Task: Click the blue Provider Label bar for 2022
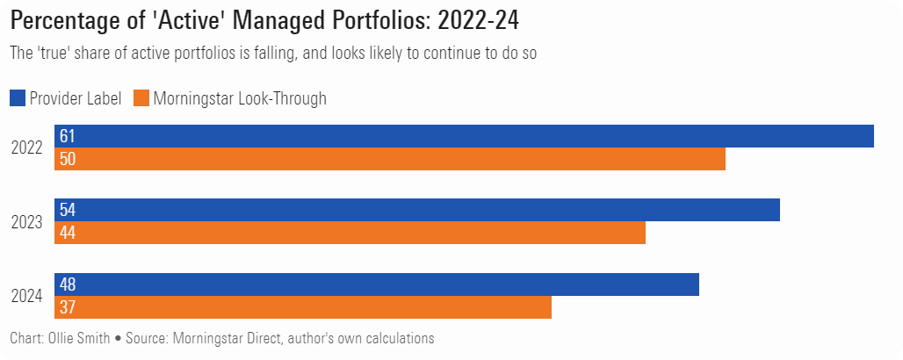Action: [464, 136]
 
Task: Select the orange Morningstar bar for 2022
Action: [390, 159]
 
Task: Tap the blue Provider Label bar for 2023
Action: [417, 210]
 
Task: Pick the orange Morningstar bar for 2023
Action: [350, 233]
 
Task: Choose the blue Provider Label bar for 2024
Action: [377, 284]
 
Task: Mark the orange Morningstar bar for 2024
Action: [303, 307]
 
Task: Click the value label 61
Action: [67, 136]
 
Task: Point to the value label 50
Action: [68, 159]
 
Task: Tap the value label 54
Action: [68, 210]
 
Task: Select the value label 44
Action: [68, 233]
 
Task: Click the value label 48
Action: [68, 284]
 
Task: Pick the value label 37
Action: [68, 307]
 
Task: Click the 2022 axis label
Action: [26, 148]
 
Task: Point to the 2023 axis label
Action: [26, 222]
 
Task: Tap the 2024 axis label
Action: [26, 296]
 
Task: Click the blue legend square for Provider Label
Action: [18, 98]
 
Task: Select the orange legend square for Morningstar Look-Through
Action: [141, 98]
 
